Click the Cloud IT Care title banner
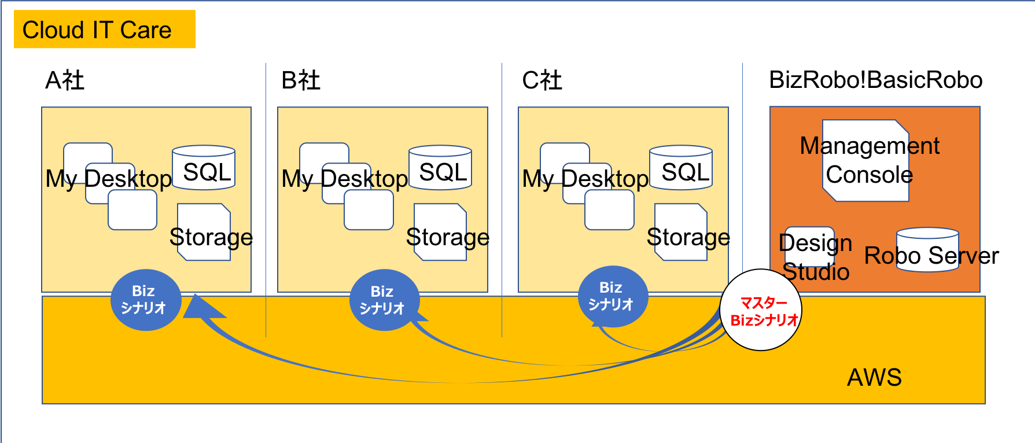coord(104,29)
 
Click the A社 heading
coord(65,80)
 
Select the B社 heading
coord(301,80)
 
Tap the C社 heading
coord(542,80)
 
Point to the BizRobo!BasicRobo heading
coord(875,80)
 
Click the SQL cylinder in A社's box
coord(204,168)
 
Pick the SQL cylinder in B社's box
coord(440,168)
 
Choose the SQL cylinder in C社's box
coord(681,168)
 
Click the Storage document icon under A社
coord(204,232)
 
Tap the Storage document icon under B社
coord(441,232)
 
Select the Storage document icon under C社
coord(682,232)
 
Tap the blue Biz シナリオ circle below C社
coord(613,296)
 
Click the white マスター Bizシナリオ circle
coord(761,311)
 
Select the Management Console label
coord(869,160)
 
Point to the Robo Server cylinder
coord(927,250)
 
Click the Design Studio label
coord(815,257)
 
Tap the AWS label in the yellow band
coord(874,378)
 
